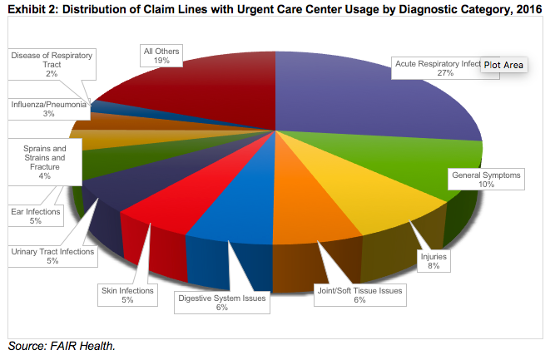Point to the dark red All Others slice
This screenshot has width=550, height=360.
[200, 91]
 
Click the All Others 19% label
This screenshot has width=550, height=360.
[162, 56]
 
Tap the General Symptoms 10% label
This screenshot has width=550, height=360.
[486, 180]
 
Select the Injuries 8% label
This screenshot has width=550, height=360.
[434, 262]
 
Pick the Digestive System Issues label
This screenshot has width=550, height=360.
[222, 302]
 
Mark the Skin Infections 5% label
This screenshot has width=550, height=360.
[127, 295]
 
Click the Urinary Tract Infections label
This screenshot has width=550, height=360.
[52, 255]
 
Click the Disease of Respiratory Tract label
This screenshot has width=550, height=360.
[52, 64]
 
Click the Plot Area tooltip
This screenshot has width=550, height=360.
[503, 64]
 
